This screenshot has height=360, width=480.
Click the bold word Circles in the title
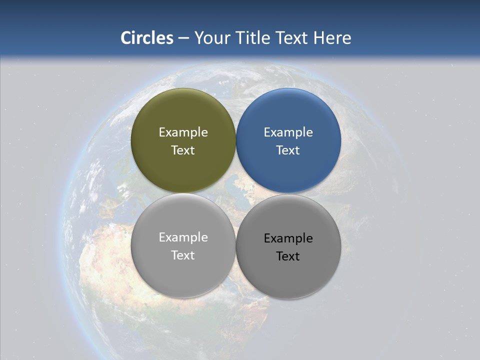point(147,38)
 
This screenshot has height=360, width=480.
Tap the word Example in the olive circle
point(183,132)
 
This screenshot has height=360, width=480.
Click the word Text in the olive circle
point(183,150)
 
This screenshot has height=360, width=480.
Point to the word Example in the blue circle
point(288,132)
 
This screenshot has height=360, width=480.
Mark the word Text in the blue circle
point(288,150)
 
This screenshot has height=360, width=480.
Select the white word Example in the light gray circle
point(183,237)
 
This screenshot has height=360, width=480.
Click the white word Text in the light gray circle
point(183,255)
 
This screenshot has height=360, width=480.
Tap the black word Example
point(288,238)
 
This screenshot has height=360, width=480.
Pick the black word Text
point(288,256)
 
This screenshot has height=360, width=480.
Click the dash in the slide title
point(183,38)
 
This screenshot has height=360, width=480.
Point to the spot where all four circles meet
point(236,193)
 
